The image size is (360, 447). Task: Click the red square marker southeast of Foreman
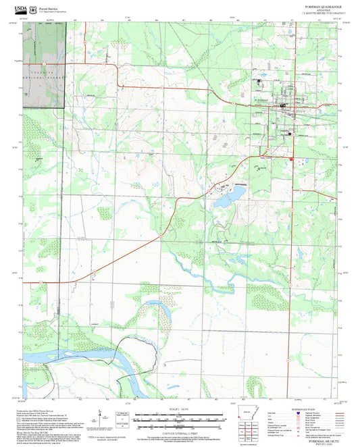291,159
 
